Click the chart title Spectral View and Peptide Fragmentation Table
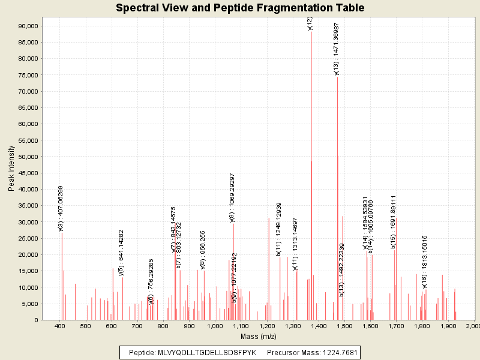(x=240, y=8)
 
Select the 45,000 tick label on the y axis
(x=27, y=173)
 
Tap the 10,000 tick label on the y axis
(x=27, y=287)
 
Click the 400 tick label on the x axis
(x=59, y=326)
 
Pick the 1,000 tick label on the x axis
(x=215, y=326)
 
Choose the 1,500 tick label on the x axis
(x=344, y=326)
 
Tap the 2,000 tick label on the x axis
(x=472, y=326)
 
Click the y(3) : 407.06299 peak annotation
(x=61, y=208)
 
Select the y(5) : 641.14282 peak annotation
(x=121, y=253)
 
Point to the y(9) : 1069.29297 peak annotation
(x=232, y=197)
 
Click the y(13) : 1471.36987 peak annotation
(x=337, y=49)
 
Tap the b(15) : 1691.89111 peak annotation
(x=394, y=221)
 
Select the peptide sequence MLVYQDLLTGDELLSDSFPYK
(x=206, y=352)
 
